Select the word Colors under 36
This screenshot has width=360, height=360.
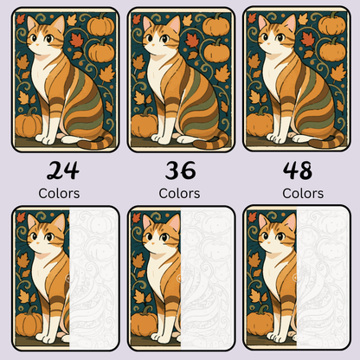(179, 193)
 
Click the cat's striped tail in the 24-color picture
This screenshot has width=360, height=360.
(97, 138)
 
